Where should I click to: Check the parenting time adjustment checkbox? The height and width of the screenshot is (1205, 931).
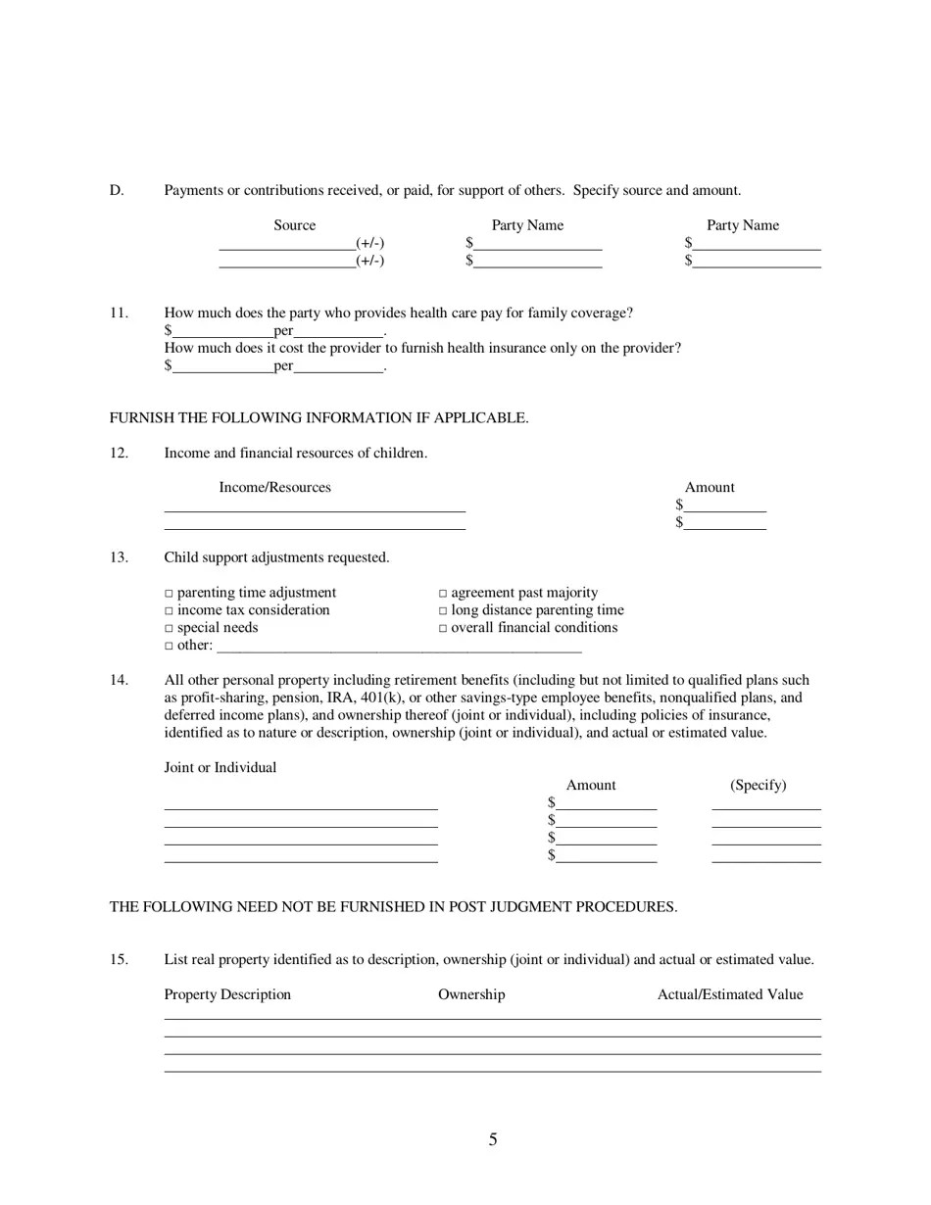[x=169, y=594]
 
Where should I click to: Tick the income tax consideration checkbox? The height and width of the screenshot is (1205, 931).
[x=169, y=611]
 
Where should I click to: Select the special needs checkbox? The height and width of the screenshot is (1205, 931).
[x=169, y=629]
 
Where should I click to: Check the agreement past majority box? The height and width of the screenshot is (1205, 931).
[x=443, y=594]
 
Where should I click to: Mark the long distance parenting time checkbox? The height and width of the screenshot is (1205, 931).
[x=443, y=611]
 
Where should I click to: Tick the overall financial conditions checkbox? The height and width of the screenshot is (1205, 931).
[x=443, y=629]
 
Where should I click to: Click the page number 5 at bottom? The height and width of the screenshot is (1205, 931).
[x=493, y=1139]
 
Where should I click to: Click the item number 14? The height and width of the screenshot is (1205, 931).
[x=119, y=680]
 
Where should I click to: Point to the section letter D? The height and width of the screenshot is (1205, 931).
[x=117, y=190]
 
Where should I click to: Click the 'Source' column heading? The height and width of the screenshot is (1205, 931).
[x=294, y=225]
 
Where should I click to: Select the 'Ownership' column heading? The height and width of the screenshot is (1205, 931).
[x=471, y=994]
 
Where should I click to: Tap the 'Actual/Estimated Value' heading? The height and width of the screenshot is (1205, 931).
[x=729, y=994]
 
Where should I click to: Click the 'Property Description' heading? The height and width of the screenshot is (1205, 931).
[x=227, y=994]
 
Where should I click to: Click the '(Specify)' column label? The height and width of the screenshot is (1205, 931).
[x=758, y=785]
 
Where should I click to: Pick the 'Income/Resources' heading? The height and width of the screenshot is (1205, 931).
[x=274, y=487]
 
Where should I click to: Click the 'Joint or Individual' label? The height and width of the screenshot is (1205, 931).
[x=220, y=767]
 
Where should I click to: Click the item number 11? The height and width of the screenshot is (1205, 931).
[x=119, y=313]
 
